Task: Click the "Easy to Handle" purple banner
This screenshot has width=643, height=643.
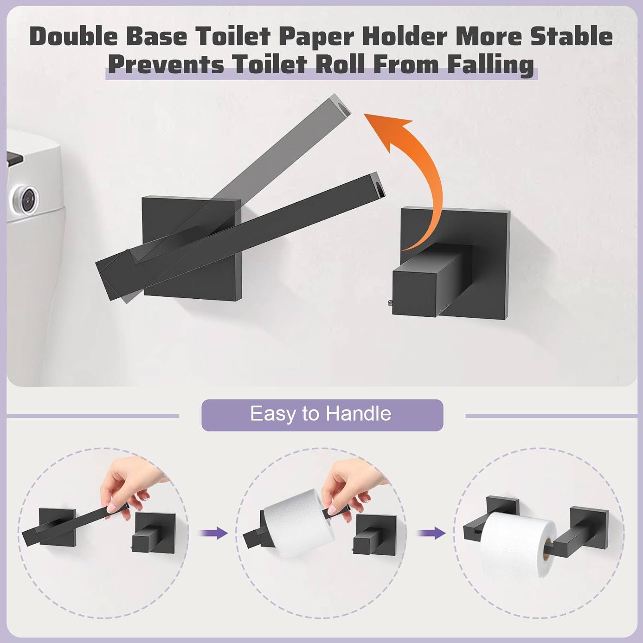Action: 322,415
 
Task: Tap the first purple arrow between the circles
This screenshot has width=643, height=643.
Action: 213,533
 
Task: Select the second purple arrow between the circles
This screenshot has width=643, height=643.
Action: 432,533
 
